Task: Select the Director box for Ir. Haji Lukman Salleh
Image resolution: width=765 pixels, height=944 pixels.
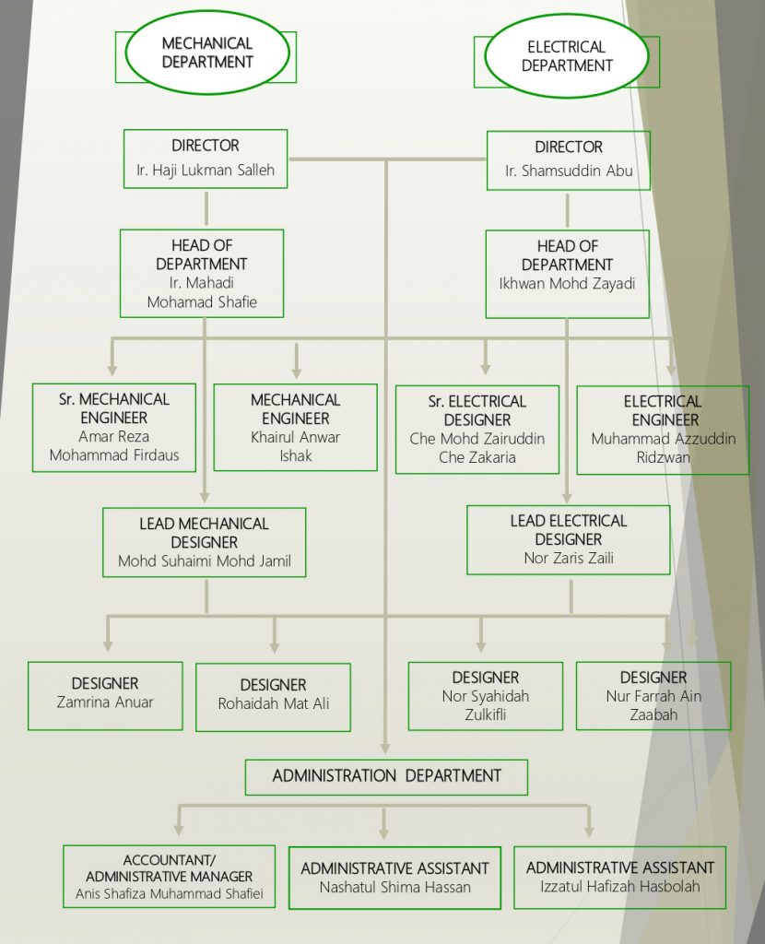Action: click(206, 159)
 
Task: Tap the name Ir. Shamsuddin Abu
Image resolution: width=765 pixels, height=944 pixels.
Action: click(569, 171)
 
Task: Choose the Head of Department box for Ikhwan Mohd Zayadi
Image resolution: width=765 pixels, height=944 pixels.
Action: click(568, 274)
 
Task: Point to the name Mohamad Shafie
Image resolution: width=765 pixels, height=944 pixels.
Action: click(202, 301)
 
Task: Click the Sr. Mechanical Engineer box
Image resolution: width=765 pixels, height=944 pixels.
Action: click(113, 428)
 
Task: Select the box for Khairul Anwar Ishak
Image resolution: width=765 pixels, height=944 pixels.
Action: click(296, 428)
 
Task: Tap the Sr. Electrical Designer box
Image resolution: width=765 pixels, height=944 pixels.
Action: click(477, 430)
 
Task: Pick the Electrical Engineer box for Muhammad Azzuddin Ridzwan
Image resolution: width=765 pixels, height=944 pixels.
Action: click(663, 430)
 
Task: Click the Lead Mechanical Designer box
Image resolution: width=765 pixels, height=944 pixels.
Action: click(204, 542)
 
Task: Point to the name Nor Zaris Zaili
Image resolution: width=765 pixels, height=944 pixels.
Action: click(569, 558)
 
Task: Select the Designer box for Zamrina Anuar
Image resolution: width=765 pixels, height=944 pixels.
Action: click(105, 696)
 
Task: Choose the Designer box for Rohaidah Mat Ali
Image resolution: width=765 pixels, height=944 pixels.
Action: click(273, 697)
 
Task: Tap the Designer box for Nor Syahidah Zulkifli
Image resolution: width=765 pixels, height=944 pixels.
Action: click(486, 696)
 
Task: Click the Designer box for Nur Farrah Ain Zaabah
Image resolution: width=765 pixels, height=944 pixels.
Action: click(653, 696)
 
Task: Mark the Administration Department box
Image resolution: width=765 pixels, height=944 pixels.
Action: click(386, 777)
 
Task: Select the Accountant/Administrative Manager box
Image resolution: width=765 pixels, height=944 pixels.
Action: click(170, 876)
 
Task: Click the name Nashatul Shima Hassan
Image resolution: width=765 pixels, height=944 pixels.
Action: click(394, 887)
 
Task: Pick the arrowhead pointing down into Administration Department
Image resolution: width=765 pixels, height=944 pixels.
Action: click(385, 749)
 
